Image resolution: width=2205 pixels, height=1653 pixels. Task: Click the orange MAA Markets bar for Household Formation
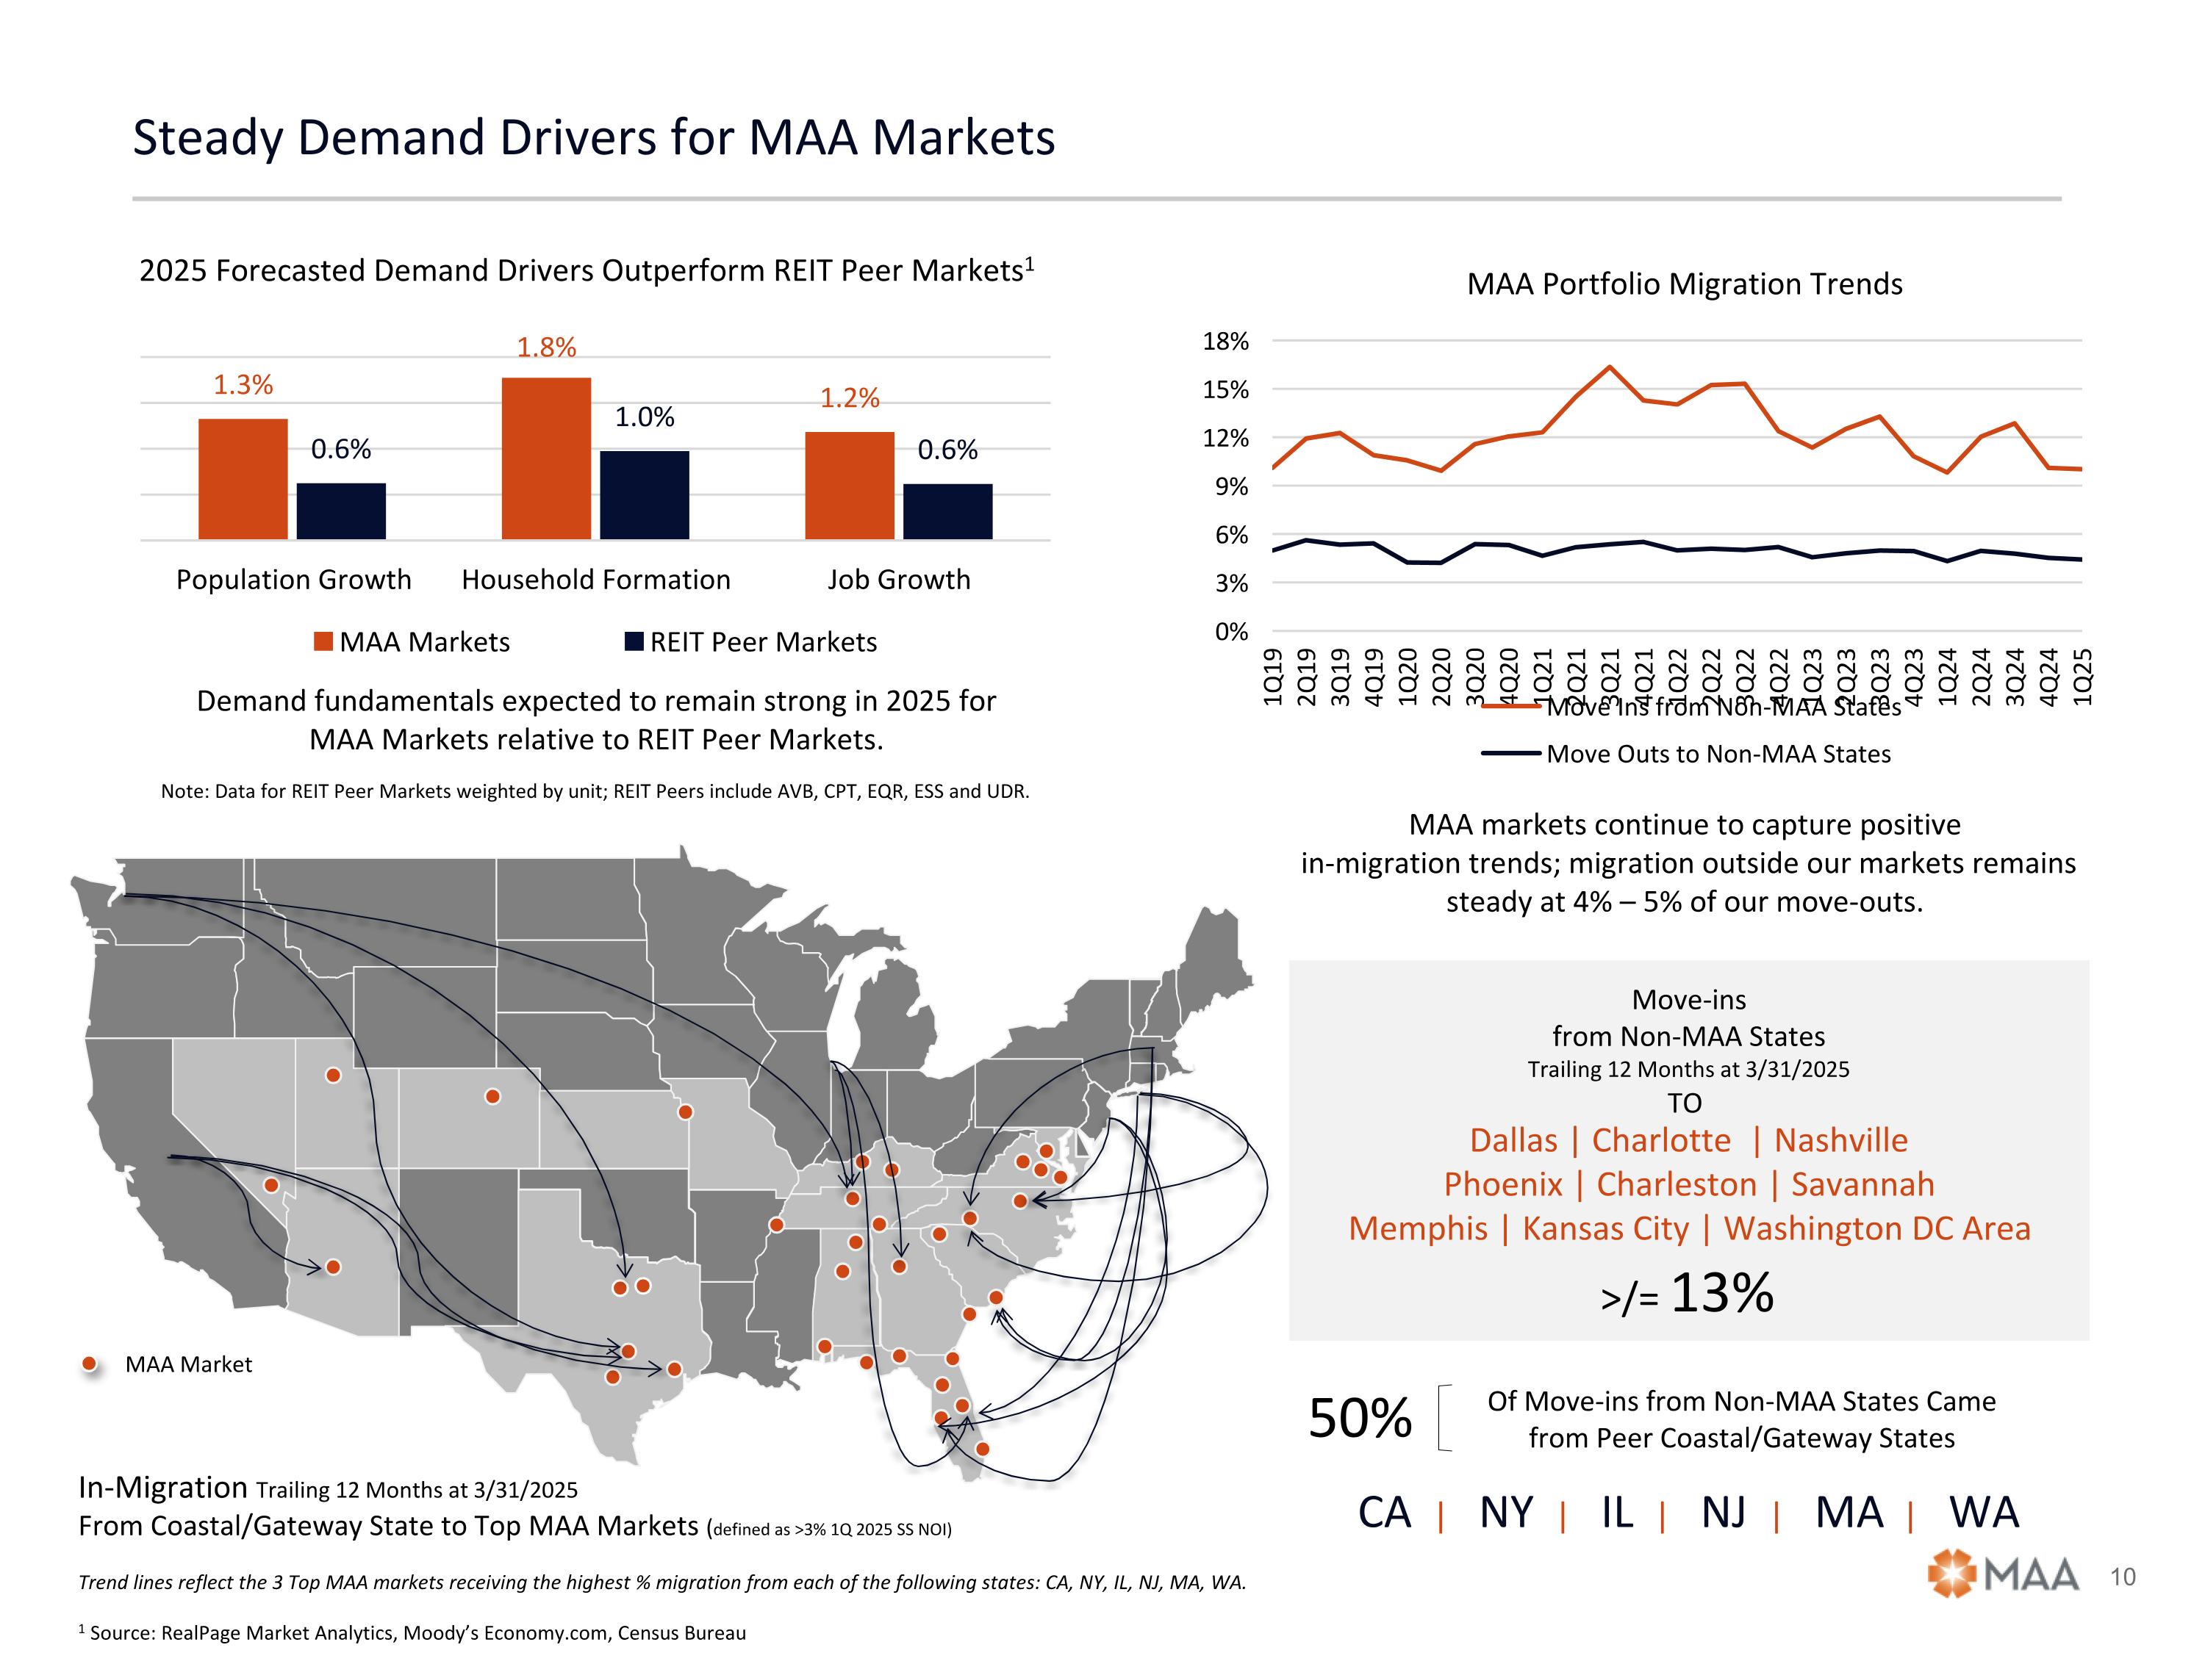click(x=546, y=458)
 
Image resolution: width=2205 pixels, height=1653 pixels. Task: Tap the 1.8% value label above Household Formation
click(x=546, y=347)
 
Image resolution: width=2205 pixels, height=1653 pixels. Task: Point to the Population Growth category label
click(x=293, y=580)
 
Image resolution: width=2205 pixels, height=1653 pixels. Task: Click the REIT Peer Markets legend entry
click(x=752, y=641)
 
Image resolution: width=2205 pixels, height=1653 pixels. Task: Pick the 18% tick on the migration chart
click(x=1225, y=342)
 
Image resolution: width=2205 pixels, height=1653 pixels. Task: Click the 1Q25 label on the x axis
click(x=2082, y=677)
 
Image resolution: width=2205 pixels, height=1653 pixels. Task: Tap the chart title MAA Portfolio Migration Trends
click(x=1684, y=285)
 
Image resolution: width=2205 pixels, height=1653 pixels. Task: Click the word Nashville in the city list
click(x=1840, y=1141)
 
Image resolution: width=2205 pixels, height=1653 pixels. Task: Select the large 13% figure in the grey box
click(x=1721, y=1293)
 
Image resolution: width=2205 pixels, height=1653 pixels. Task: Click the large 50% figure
click(x=1360, y=1418)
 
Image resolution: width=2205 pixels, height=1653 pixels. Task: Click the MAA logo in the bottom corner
click(x=2003, y=1575)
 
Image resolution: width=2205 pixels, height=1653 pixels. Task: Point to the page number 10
click(x=2123, y=1577)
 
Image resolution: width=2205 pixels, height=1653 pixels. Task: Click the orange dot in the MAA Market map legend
click(x=90, y=1364)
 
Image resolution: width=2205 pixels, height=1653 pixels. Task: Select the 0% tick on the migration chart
click(x=1231, y=632)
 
